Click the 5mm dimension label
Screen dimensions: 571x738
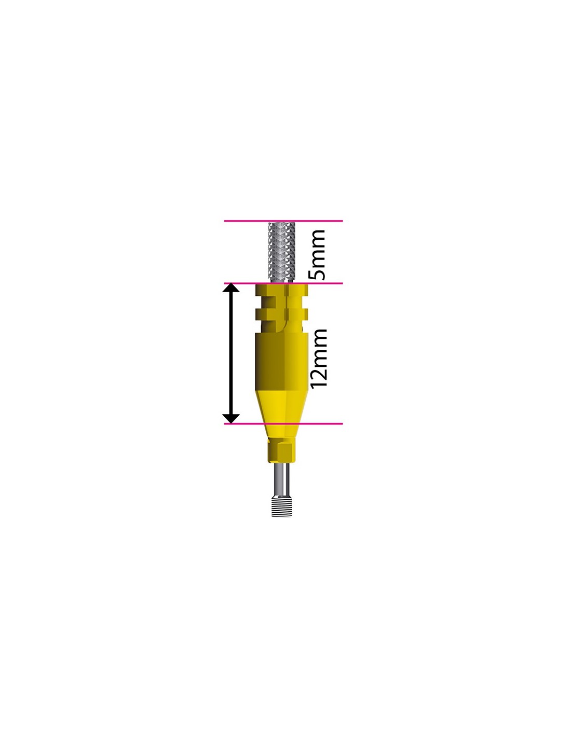coord(317,255)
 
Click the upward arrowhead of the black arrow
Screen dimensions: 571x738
coord(230,288)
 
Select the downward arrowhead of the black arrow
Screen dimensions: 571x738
coord(230,419)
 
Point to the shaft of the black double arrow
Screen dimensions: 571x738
coord(230,353)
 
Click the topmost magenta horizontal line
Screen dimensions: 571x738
coord(283,221)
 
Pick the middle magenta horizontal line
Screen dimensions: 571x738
coord(283,283)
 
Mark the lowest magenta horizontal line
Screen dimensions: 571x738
coord(283,424)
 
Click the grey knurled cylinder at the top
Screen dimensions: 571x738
coord(281,253)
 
